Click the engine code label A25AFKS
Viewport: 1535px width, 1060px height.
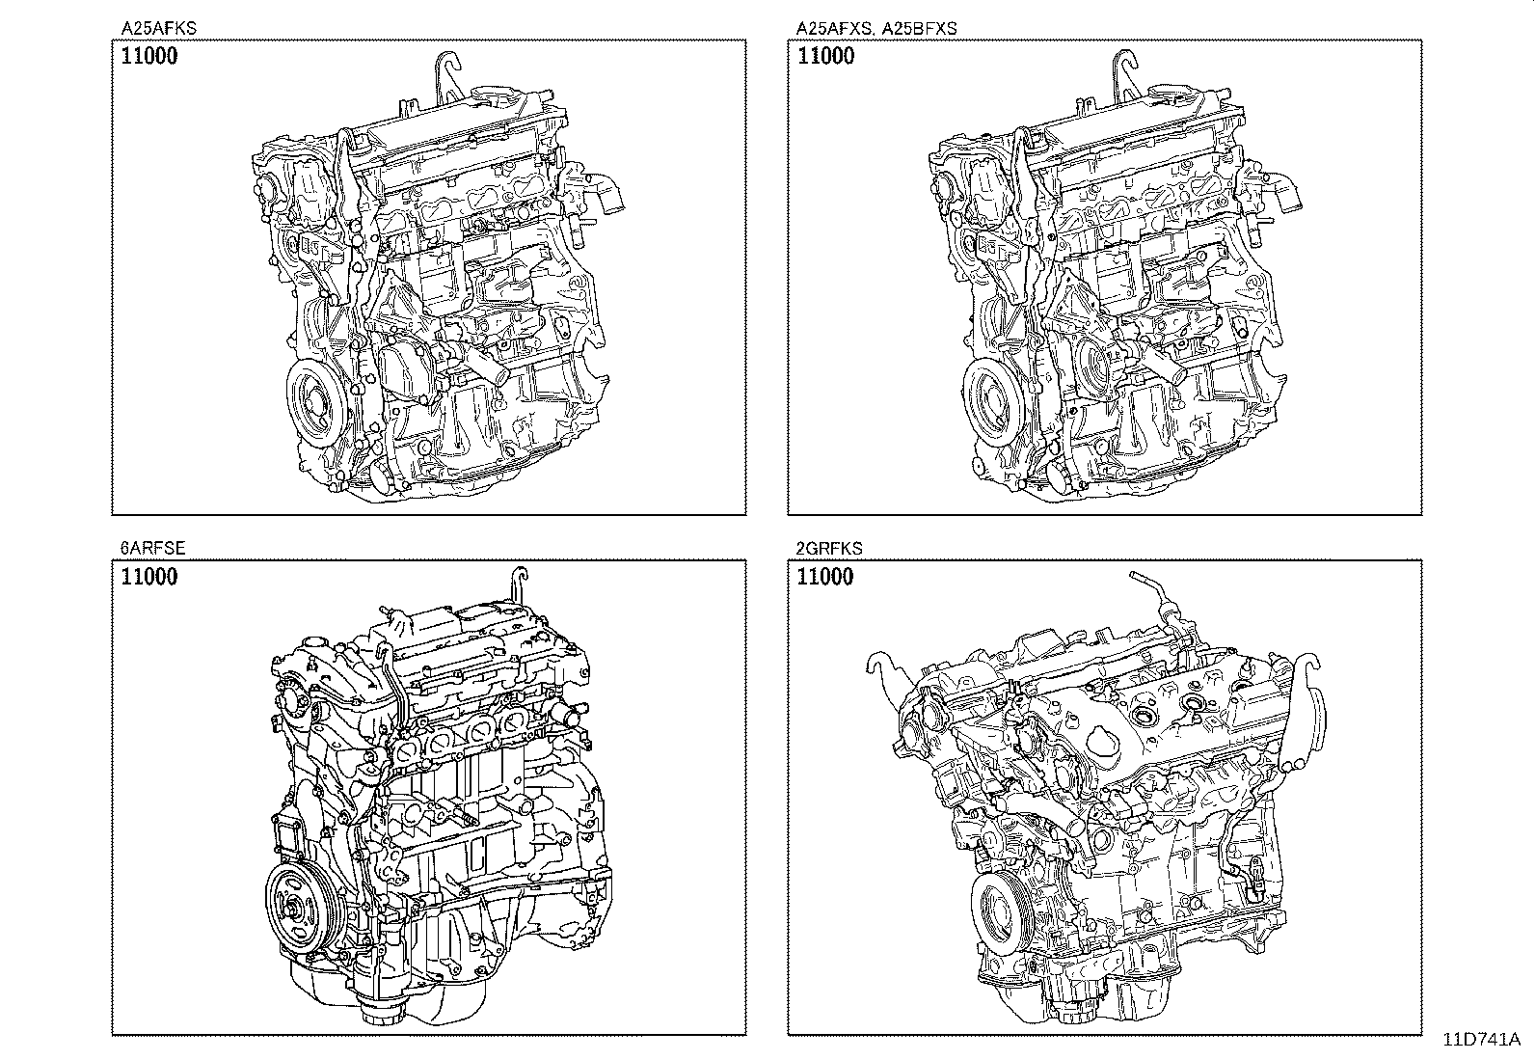tap(158, 28)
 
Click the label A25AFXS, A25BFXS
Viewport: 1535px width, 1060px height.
tap(876, 28)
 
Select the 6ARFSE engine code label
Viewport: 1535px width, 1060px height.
tap(152, 548)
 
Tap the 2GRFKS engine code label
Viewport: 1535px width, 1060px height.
tap(828, 548)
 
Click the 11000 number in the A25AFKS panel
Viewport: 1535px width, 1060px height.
tap(149, 56)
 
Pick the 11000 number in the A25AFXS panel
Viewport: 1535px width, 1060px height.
tap(825, 56)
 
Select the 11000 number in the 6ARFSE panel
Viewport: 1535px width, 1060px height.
tap(149, 576)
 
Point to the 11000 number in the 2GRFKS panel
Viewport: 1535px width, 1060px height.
tap(825, 576)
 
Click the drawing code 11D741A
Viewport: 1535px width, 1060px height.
tap(1482, 1039)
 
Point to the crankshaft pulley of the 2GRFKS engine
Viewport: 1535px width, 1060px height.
tap(1004, 914)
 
